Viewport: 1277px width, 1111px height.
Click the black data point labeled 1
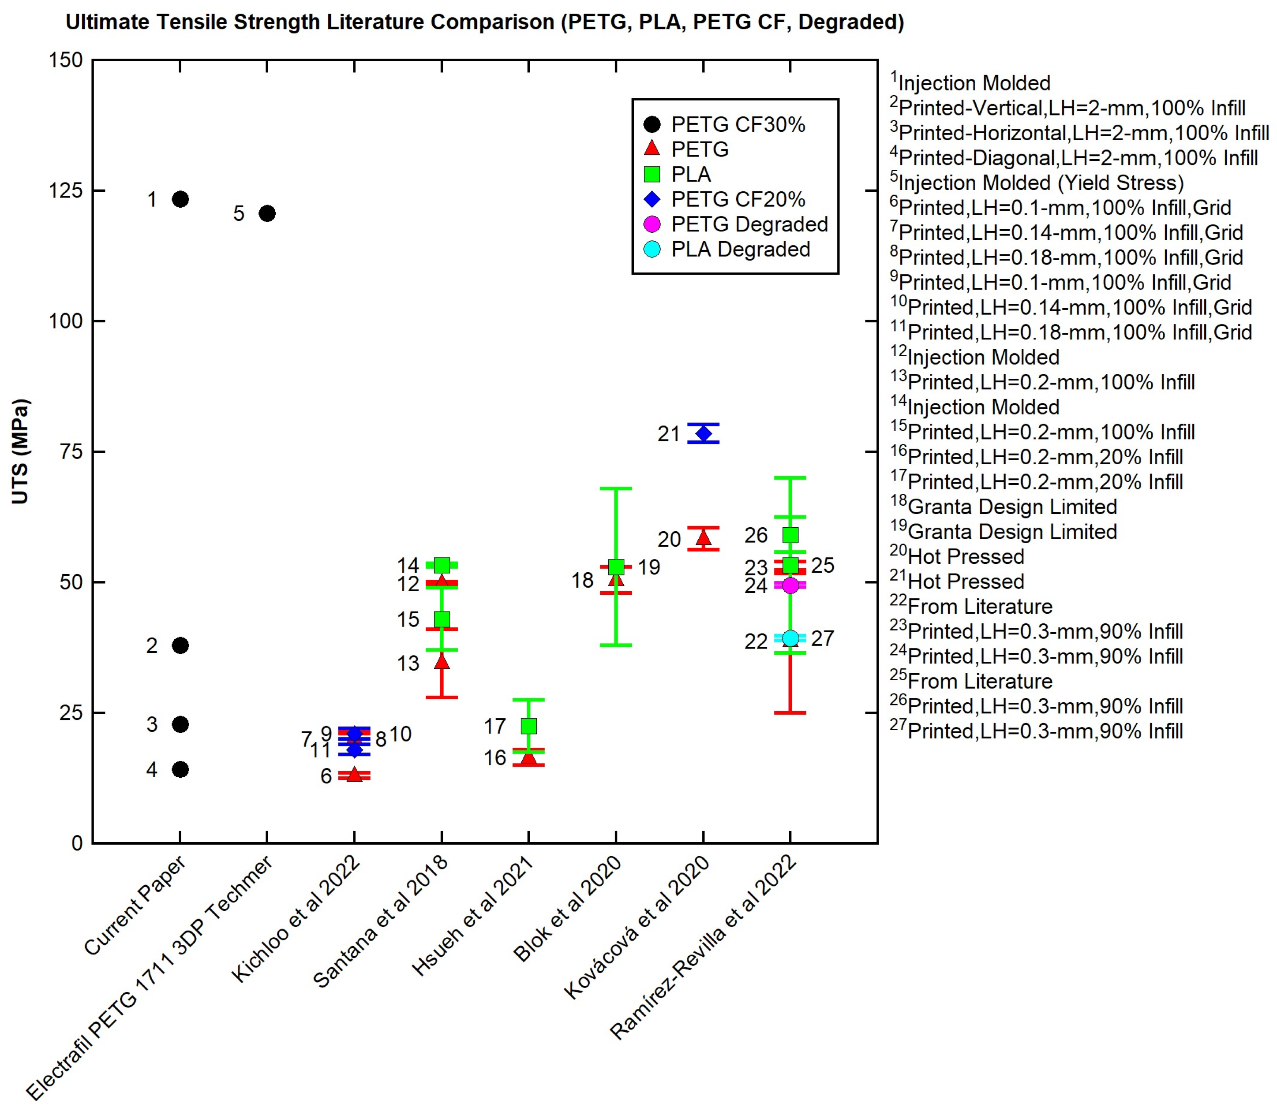click(x=180, y=199)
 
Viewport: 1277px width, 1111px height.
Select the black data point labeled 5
click(x=267, y=213)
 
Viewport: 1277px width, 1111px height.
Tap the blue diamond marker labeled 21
click(x=703, y=433)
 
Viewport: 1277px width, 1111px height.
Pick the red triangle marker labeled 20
click(x=703, y=537)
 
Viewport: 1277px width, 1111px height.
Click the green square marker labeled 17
click(x=528, y=726)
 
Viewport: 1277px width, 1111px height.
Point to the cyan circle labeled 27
click(x=790, y=638)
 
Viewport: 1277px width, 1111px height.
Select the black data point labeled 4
click(x=180, y=769)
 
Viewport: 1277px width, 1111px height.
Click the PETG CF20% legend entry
click(x=738, y=199)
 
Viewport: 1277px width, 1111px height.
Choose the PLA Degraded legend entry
click(x=741, y=249)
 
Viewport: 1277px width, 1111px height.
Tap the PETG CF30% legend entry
click(x=738, y=125)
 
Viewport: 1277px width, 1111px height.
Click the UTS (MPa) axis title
click(x=20, y=451)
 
